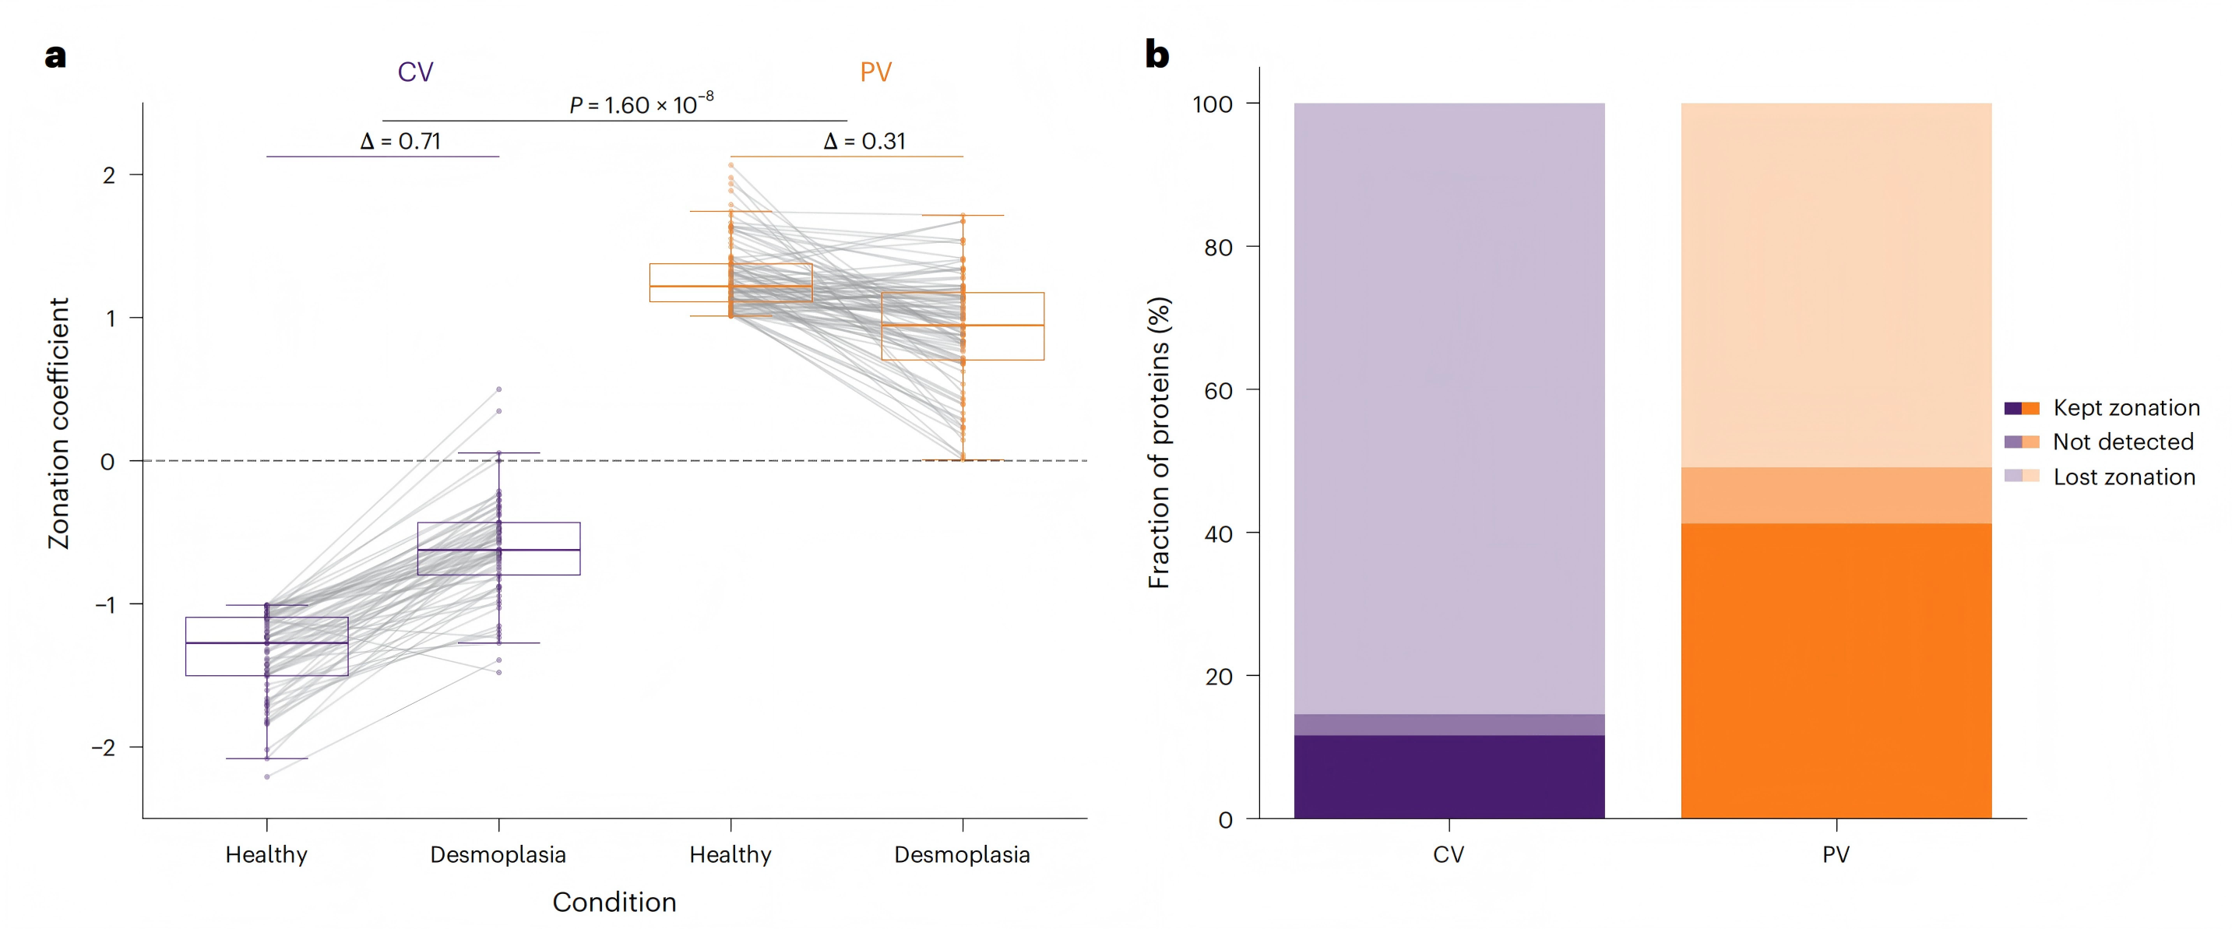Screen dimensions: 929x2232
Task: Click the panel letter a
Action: click(x=55, y=56)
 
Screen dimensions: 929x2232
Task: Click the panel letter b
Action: click(x=1156, y=55)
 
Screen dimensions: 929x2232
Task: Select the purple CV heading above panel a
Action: click(x=415, y=72)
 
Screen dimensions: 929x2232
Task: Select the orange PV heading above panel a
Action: click(x=875, y=72)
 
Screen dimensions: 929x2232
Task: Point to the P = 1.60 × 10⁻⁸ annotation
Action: click(x=641, y=105)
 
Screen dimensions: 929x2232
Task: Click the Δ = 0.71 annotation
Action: click(x=400, y=141)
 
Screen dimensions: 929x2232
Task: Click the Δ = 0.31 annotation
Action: click(x=864, y=141)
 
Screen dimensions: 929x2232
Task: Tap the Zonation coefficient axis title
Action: click(x=58, y=423)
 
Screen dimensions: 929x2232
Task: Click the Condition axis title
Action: click(x=614, y=903)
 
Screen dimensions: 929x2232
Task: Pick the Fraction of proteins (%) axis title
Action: click(x=1159, y=443)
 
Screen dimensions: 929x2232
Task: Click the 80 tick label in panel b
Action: click(x=1218, y=248)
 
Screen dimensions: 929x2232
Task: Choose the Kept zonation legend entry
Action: click(x=2125, y=408)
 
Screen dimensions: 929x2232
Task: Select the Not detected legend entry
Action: click(x=2122, y=442)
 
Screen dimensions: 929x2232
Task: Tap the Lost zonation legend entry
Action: click(x=2124, y=477)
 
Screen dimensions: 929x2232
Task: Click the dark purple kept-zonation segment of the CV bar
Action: click(x=1449, y=776)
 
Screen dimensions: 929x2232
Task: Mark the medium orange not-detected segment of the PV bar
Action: click(x=1836, y=496)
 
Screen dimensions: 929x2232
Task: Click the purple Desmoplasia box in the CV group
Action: click(x=498, y=548)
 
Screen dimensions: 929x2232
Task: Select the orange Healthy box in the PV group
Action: click(x=731, y=283)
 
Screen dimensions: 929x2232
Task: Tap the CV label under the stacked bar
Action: click(x=1449, y=855)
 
